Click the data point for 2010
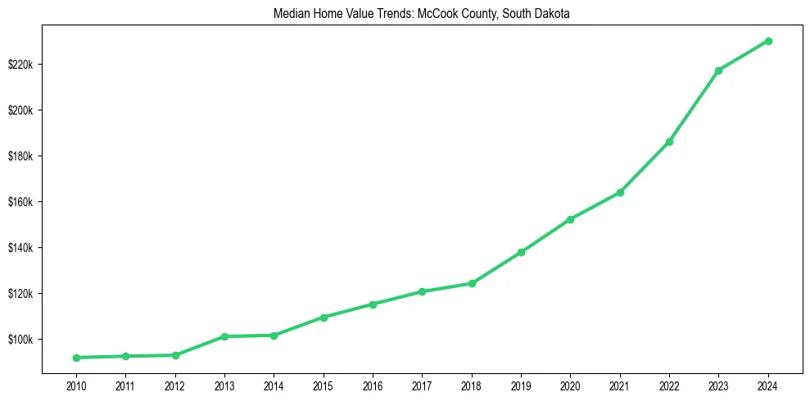pyautogui.click(x=76, y=358)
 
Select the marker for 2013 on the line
pyautogui.click(x=224, y=336)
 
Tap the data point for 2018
pyautogui.click(x=472, y=283)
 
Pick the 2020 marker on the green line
pyautogui.click(x=570, y=219)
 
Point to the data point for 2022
pyautogui.click(x=669, y=142)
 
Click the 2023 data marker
pyautogui.click(x=718, y=70)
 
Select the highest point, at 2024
pyautogui.click(x=768, y=41)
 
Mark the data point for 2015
pyautogui.click(x=324, y=317)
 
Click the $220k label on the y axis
pyautogui.click(x=20, y=65)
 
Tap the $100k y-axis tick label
pyautogui.click(x=20, y=340)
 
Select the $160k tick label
pyautogui.click(x=20, y=202)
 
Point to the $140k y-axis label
pyautogui.click(x=20, y=248)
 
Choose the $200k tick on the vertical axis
pyautogui.click(x=20, y=110)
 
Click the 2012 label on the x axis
pyautogui.click(x=174, y=384)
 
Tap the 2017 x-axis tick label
pyautogui.click(x=422, y=384)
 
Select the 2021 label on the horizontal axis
pyautogui.click(x=620, y=384)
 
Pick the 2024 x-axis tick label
pyautogui.click(x=768, y=384)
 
